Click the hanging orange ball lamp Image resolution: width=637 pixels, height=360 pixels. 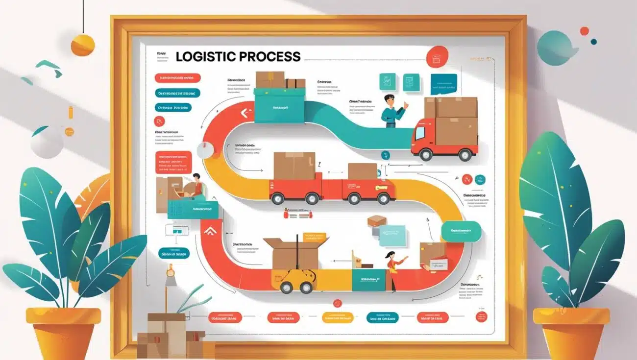[x=82, y=45]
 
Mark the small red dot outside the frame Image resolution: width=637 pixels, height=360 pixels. [x=584, y=31]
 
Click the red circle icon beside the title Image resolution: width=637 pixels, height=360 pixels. [x=437, y=57]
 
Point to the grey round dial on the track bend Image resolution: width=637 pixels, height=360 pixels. [x=204, y=149]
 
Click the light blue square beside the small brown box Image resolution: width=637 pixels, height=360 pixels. [x=392, y=236]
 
